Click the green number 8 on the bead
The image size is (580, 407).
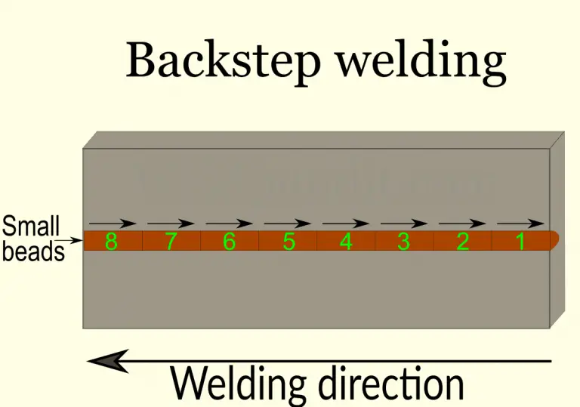111,242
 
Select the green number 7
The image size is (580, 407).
171,242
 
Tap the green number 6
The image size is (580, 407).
230,242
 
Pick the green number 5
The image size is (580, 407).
288,242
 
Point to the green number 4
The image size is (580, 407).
346,242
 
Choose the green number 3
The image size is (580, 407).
404,242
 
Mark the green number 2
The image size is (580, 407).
463,242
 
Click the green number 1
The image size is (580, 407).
520,242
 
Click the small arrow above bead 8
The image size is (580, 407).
113,224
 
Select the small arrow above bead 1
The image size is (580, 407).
520,224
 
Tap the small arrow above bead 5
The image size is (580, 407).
287,224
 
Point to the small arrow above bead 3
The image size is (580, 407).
404,224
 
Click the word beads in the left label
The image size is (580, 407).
33,251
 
